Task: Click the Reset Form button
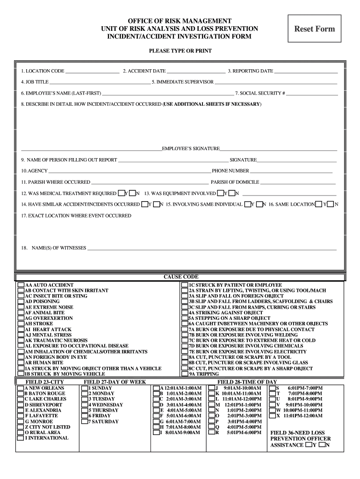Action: (314, 29)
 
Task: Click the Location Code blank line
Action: (92, 72)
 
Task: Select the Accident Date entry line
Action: (195, 72)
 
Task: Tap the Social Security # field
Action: (312, 94)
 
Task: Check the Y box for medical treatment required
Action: (122, 193)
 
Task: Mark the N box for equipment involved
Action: (232, 193)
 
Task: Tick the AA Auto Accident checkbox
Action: (21, 285)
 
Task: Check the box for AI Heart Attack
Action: (21, 329)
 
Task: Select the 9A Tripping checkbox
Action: (185, 374)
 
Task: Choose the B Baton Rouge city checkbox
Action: (20, 393)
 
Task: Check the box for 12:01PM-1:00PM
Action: (212, 405)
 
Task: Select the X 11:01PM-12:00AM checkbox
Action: (272, 415)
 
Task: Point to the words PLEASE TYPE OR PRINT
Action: (180, 51)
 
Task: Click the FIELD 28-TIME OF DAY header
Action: (247, 382)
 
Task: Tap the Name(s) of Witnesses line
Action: (212, 248)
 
